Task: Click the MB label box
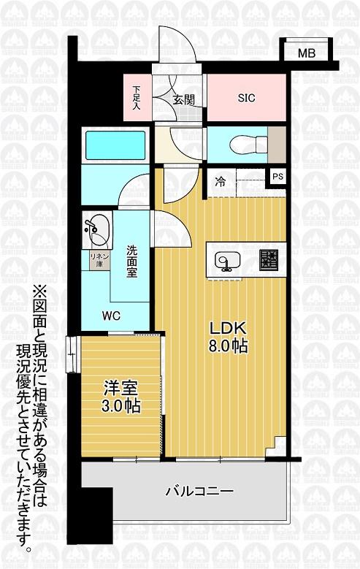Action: pyautogui.click(x=305, y=53)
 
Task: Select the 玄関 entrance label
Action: pyautogui.click(x=183, y=99)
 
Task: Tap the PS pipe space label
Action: pyautogui.click(x=277, y=177)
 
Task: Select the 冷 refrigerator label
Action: pyautogui.click(x=219, y=182)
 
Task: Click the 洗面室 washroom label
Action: pyautogui.click(x=131, y=260)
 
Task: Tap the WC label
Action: pyautogui.click(x=112, y=316)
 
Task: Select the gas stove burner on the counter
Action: pyautogui.click(x=269, y=259)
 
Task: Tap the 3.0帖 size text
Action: pyautogui.click(x=121, y=406)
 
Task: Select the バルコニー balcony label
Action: pyautogui.click(x=199, y=492)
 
